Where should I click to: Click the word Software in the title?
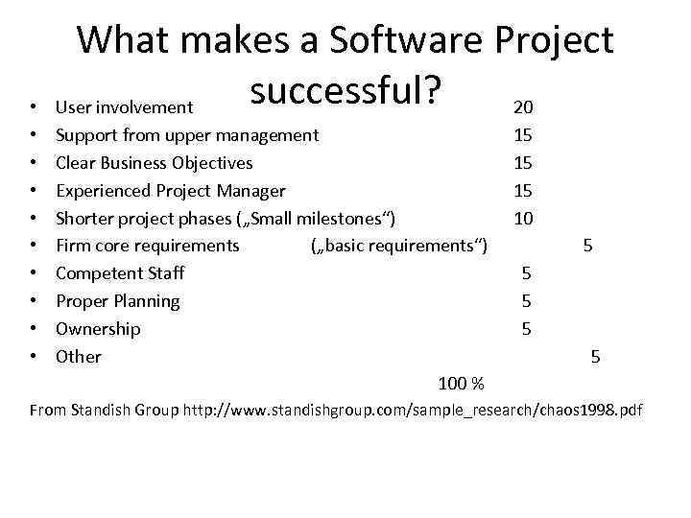coord(408,40)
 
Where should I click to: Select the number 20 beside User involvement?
coord(523,106)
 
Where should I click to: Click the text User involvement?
coord(126,107)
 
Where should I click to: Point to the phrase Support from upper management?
coord(187,135)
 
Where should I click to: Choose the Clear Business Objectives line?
coord(155,163)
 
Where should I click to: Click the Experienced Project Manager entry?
coord(171,191)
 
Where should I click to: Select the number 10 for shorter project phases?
coord(523,218)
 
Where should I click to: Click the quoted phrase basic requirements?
coord(400,246)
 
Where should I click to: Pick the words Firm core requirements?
coord(148,246)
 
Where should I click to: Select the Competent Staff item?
coord(120,273)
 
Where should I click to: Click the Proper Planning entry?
coord(118,301)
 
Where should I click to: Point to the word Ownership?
coord(98,329)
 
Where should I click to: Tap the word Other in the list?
coord(79,357)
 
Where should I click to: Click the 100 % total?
coord(461,384)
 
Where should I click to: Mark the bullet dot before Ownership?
coord(34,329)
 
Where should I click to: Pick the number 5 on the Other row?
coord(596,357)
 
